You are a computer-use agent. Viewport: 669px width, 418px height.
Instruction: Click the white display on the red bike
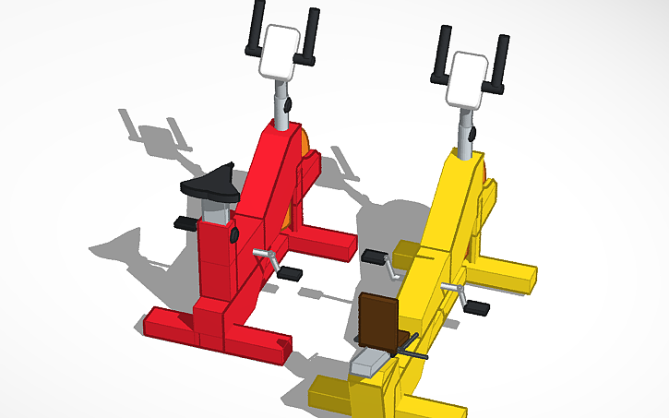tap(281, 50)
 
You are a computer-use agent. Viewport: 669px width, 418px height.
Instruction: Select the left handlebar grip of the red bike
tap(257, 28)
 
